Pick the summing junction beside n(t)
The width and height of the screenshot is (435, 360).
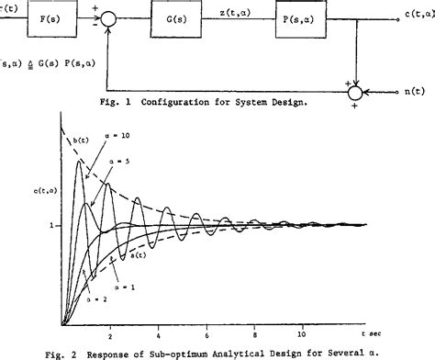(x=363, y=93)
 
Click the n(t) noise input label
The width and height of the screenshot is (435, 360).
(x=418, y=93)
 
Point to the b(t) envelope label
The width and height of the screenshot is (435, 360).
(x=82, y=141)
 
